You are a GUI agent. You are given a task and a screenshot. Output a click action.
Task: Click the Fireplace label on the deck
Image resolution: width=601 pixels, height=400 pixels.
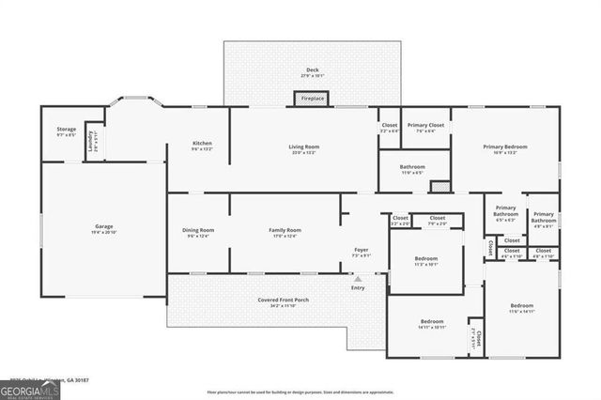click(x=313, y=98)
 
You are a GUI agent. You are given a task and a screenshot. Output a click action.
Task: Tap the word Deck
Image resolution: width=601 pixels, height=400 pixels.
click(x=313, y=70)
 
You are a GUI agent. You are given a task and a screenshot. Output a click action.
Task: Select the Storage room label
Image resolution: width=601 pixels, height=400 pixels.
click(x=66, y=130)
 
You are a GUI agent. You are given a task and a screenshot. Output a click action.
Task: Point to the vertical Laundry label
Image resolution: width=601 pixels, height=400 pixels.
click(x=91, y=142)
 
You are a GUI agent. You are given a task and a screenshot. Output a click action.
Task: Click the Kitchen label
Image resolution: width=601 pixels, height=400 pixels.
click(x=203, y=143)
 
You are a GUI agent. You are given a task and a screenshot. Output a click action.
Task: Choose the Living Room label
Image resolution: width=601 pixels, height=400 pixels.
click(x=303, y=146)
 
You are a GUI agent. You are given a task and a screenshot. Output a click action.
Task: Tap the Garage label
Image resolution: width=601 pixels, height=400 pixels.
click(x=103, y=226)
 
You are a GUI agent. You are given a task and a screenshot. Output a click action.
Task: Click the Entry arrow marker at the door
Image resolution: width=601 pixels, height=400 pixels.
click(x=358, y=279)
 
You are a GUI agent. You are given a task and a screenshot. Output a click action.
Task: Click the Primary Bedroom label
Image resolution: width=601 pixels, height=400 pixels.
click(x=505, y=146)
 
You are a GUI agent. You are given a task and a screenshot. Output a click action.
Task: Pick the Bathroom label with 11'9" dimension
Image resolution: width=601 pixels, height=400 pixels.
click(x=412, y=167)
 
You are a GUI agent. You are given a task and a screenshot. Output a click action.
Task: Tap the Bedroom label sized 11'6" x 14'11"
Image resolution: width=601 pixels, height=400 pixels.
click(x=521, y=306)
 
